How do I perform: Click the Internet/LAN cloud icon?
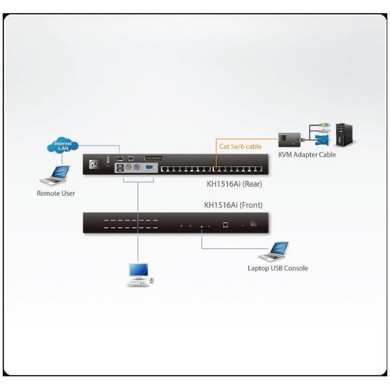point(63,146)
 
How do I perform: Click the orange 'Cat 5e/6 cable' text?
point(240,147)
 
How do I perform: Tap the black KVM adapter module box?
point(290,139)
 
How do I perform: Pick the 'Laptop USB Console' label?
point(278,268)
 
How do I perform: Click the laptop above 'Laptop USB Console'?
point(278,250)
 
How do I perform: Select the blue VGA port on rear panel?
point(148,166)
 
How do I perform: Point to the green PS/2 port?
point(128,166)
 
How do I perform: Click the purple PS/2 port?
point(136,166)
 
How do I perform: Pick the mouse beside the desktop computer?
point(152,280)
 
